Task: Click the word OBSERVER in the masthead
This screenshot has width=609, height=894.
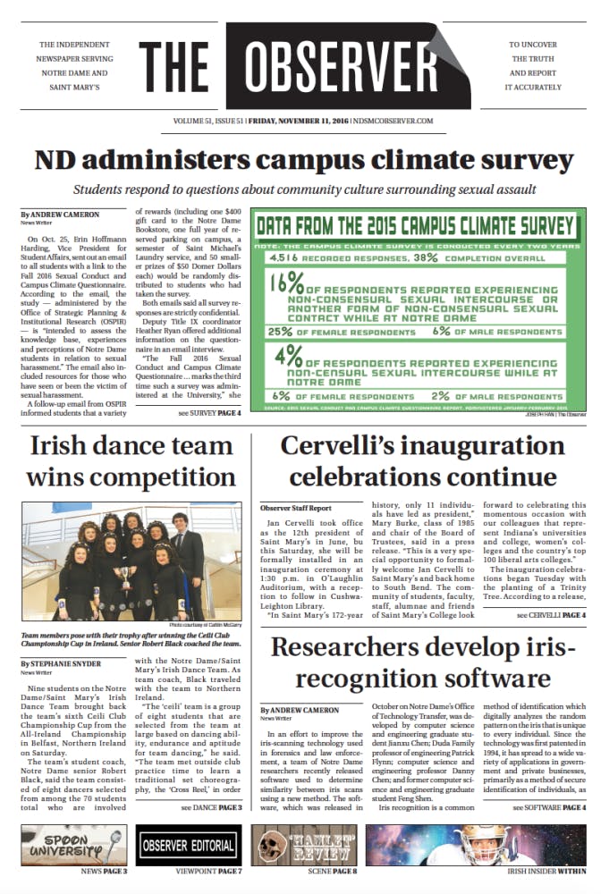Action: tap(348, 67)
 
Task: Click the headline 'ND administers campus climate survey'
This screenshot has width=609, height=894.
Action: tap(304, 161)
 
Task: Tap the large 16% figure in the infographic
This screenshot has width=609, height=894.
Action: tap(285, 287)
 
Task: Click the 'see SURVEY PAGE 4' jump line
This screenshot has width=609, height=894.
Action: tap(209, 413)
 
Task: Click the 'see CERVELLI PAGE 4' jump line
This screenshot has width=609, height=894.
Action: tap(551, 616)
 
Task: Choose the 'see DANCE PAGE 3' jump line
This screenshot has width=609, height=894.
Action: tap(211, 809)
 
